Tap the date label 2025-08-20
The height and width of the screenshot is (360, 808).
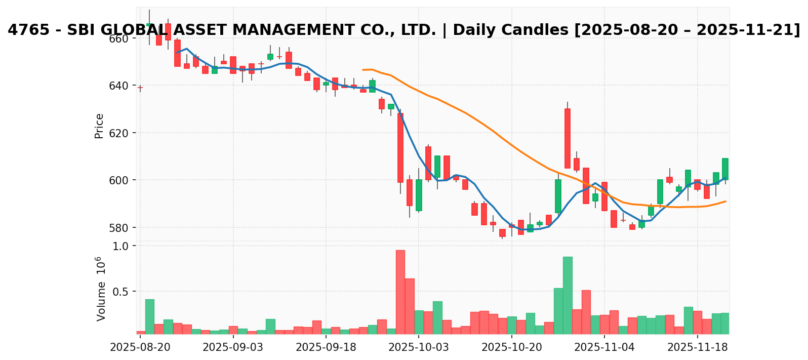pyautogui.click(x=140, y=348)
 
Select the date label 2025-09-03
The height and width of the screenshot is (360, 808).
pyautogui.click(x=233, y=348)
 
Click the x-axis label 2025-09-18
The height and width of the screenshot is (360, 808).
pyautogui.click(x=326, y=348)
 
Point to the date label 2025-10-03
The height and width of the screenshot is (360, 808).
pyautogui.click(x=419, y=348)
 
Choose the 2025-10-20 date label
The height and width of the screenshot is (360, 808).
pyautogui.click(x=512, y=348)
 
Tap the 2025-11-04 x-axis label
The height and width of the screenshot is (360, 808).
pyautogui.click(x=604, y=348)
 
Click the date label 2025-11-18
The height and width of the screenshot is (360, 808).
pyautogui.click(x=698, y=348)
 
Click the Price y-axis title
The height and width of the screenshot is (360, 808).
pyautogui.click(x=99, y=126)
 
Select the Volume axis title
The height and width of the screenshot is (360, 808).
pyautogui.click(x=101, y=289)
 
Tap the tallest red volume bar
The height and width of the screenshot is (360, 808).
pyautogui.click(x=400, y=292)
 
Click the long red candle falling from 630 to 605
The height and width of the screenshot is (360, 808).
pyautogui.click(x=568, y=138)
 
